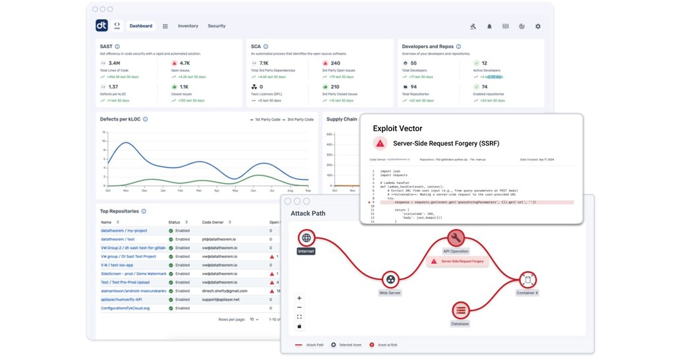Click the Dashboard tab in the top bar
coord(140,26)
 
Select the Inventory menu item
coord(188,26)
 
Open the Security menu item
coord(216,26)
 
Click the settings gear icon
coord(538,27)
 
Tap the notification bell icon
coord(489,27)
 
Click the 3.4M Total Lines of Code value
coord(114,63)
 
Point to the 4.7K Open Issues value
coord(185,63)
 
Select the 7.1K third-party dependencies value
coord(264,63)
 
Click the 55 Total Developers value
coord(413,63)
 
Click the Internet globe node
coord(306,238)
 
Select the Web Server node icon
coord(391,279)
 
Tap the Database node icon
coord(460,310)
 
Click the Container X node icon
coord(527,279)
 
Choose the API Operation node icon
coord(456,238)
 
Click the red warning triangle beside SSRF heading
coord(379,143)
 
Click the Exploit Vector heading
coord(398,129)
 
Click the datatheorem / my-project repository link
coord(124,231)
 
